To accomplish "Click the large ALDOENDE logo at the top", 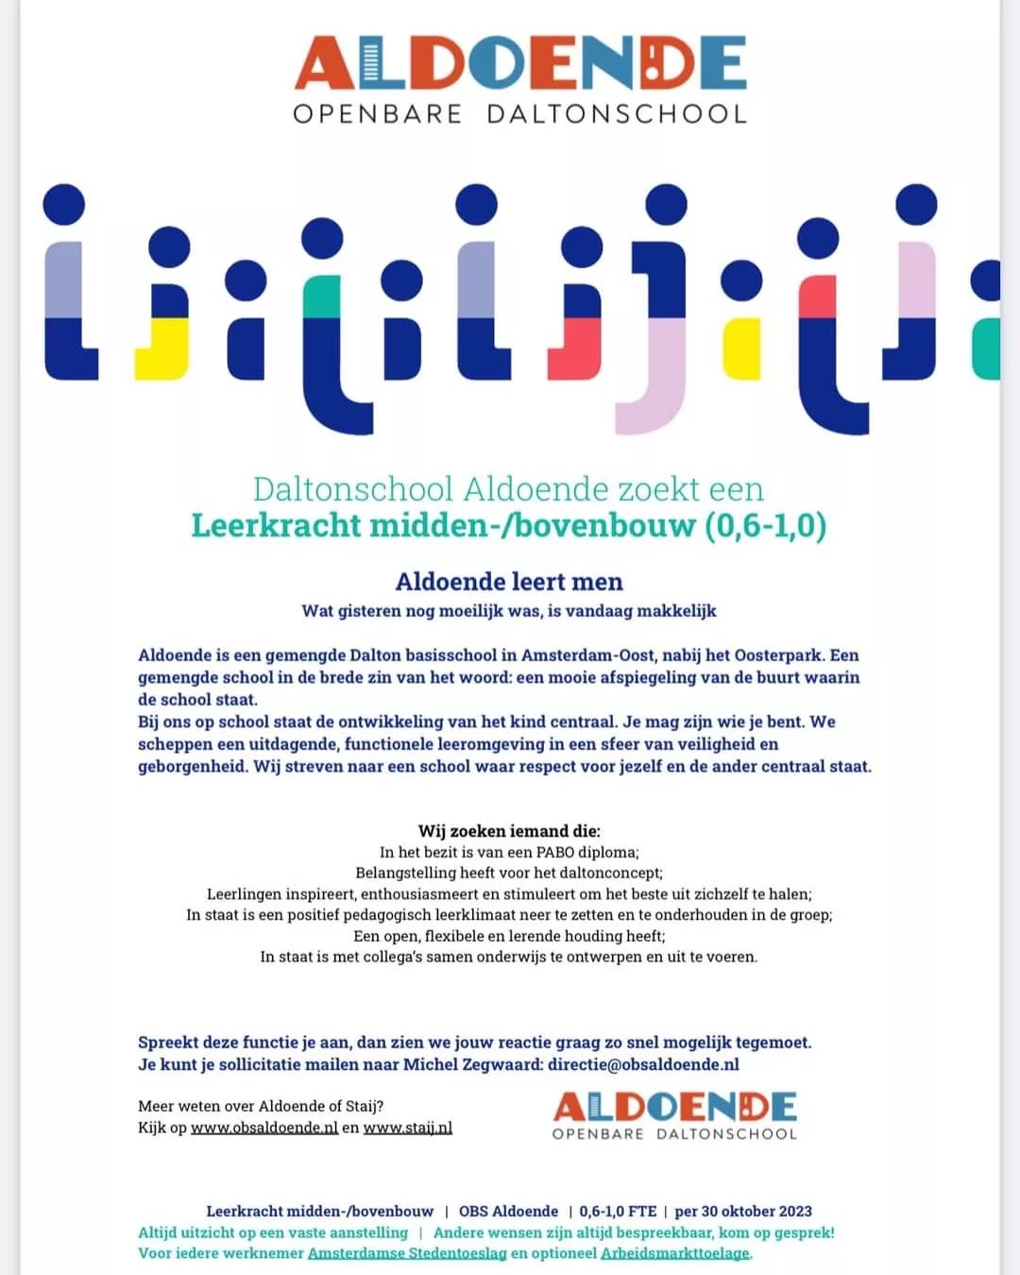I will pyautogui.click(x=520, y=64).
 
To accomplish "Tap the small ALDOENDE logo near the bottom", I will pyautogui.click(x=674, y=1107).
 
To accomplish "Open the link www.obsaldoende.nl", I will pyautogui.click(x=264, y=1128).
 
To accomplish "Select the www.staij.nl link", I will pyautogui.click(x=408, y=1128).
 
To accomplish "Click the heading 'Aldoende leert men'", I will pyautogui.click(x=509, y=582).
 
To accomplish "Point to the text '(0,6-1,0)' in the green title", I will pyautogui.click(x=765, y=525).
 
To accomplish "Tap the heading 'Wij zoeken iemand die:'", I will pyautogui.click(x=509, y=831).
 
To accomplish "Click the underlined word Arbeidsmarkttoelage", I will pyautogui.click(x=675, y=1253).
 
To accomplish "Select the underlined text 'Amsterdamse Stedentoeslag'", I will pyautogui.click(x=407, y=1253).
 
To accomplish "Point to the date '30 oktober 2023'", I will pyautogui.click(x=756, y=1211).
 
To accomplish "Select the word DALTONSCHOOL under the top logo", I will pyautogui.click(x=617, y=114).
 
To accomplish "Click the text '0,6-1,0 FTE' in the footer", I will pyautogui.click(x=618, y=1211).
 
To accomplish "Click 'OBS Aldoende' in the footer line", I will pyautogui.click(x=508, y=1211).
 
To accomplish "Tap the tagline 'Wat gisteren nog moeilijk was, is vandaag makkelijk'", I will pyautogui.click(x=509, y=611).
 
